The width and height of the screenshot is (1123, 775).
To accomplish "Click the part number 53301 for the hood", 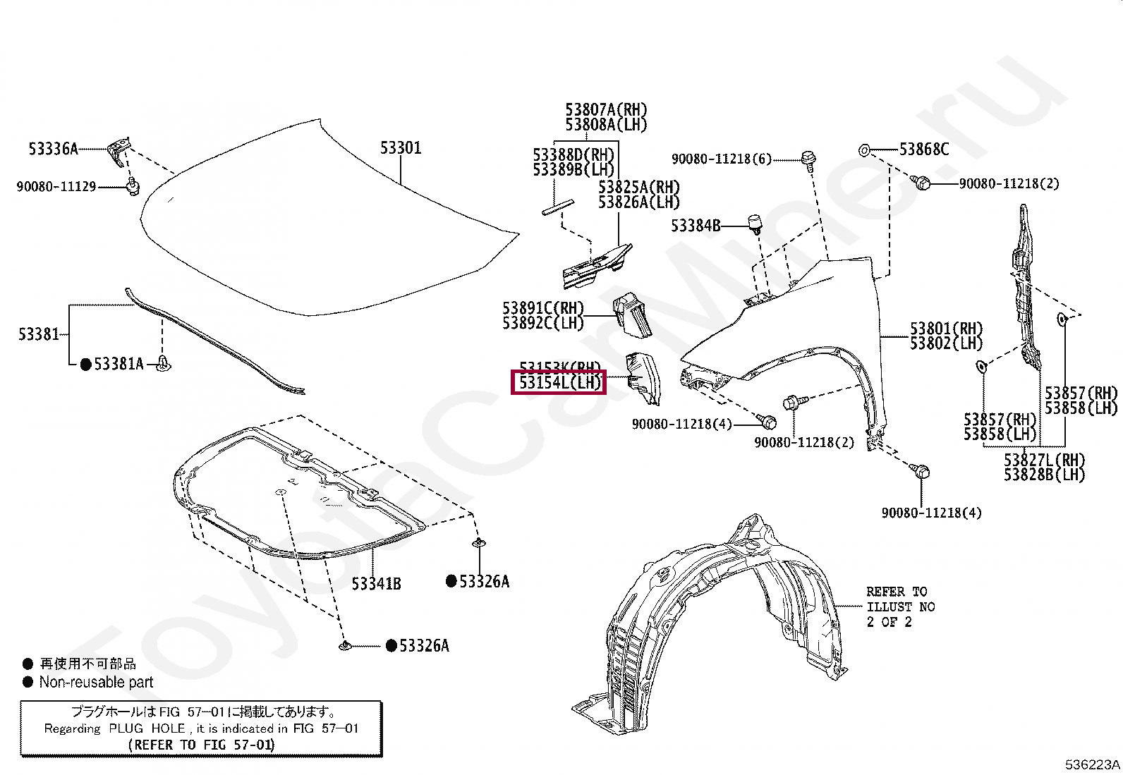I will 401,148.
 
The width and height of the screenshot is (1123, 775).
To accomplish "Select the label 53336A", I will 53,149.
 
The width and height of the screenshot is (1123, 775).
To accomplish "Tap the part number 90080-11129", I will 56,187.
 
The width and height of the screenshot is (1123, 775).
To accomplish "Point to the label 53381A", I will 119,364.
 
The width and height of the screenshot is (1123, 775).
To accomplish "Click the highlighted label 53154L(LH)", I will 559,383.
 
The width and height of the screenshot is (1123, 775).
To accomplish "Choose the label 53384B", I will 696,226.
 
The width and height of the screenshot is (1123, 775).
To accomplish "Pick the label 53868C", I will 923,149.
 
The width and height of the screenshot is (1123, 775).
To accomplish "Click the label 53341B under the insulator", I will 377,584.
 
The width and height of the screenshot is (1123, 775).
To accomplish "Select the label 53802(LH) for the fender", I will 946,343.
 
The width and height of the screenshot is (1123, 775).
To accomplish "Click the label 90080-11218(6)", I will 722,159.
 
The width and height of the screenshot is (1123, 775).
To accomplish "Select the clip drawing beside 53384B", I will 755,224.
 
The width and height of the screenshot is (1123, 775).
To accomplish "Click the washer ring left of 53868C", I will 864,150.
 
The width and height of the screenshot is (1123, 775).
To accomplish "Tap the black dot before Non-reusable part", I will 28,682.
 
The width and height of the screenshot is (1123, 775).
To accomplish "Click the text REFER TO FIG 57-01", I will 202,744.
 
